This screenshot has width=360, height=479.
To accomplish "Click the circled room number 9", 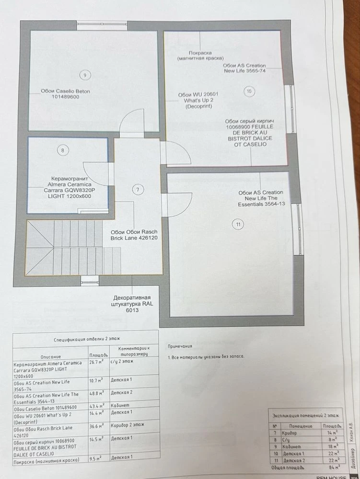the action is (85, 75).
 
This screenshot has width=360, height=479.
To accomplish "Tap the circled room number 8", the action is (63, 150).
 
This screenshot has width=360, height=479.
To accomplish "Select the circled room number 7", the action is (138, 190).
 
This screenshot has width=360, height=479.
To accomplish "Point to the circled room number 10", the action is (249, 91).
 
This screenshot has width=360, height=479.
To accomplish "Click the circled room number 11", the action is (238, 225).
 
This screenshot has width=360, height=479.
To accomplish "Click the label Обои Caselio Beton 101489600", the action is (65, 94).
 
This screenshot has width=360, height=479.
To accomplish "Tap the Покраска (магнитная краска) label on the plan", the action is (200, 55).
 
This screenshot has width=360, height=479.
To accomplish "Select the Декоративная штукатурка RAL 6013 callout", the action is (132, 304).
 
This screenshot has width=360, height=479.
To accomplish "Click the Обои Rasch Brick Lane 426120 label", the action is (134, 235).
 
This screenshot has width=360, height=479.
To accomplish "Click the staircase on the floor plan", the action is (64, 248).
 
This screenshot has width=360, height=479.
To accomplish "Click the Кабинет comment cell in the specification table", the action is (120, 405).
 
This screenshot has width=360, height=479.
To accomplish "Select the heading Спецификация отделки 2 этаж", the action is (87, 339).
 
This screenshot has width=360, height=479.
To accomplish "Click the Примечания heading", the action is (180, 346).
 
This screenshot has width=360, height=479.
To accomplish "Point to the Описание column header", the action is (51, 356).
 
